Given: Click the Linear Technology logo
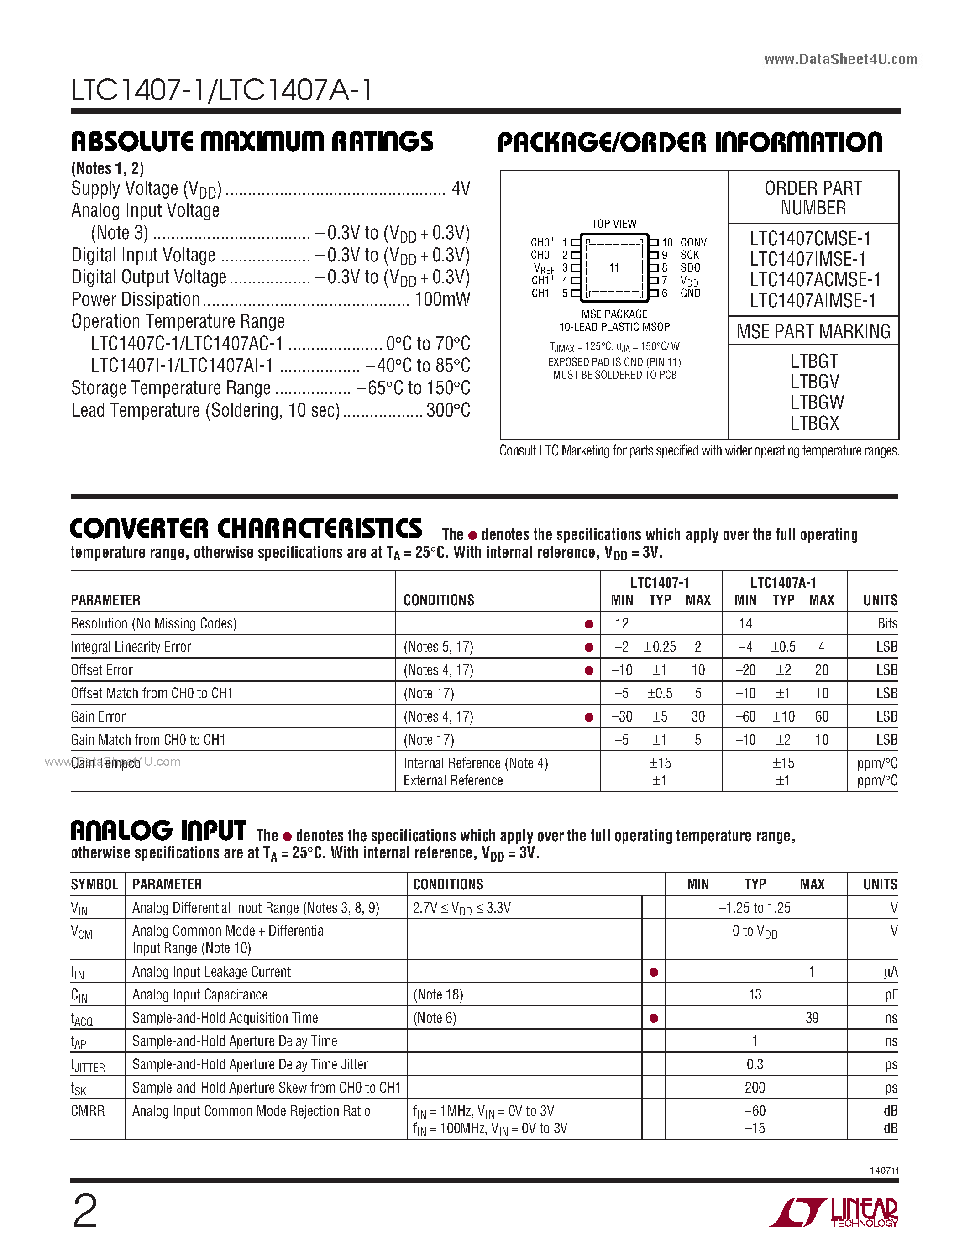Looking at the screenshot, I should pyautogui.click(x=834, y=1213).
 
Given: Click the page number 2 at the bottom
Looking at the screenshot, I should pyautogui.click(x=85, y=1210).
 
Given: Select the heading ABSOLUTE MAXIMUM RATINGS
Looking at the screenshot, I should pyautogui.click(x=252, y=142).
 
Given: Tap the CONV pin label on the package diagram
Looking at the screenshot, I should pyautogui.click(x=693, y=242).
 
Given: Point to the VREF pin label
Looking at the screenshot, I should pyautogui.click(x=544, y=268).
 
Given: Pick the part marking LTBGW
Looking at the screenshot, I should pyautogui.click(x=817, y=402).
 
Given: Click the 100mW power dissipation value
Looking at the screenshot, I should pyautogui.click(x=442, y=299).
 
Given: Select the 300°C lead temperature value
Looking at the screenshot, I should pyautogui.click(x=448, y=410).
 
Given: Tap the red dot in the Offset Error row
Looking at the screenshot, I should pyautogui.click(x=588, y=670).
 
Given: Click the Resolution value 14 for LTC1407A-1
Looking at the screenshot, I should pyautogui.click(x=745, y=623).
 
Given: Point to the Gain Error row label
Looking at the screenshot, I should pyautogui.click(x=98, y=716).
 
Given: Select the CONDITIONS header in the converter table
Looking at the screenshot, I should pyautogui.click(x=439, y=600).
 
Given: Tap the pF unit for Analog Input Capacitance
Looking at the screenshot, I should pyautogui.click(x=891, y=995).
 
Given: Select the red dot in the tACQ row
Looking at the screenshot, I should pyautogui.click(x=653, y=1018).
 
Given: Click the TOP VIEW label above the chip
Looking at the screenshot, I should pyautogui.click(x=613, y=224).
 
